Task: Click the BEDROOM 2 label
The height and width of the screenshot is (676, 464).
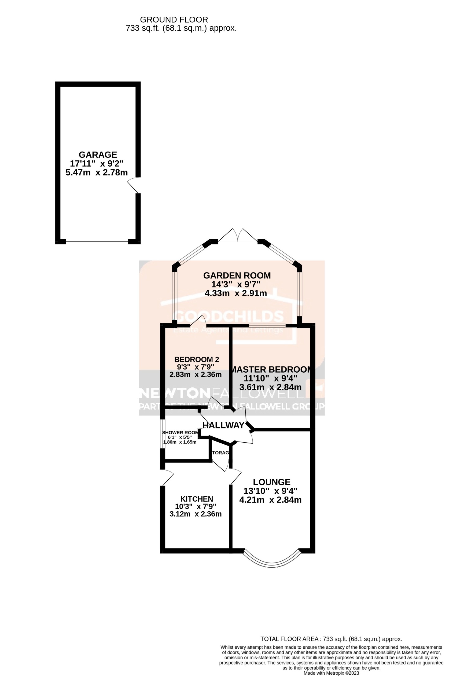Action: pyautogui.click(x=196, y=359)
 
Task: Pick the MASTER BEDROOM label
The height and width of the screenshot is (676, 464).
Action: pyautogui.click(x=271, y=369)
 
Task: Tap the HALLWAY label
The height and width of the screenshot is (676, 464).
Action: pyautogui.click(x=223, y=425)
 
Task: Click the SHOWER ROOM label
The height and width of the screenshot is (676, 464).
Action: pyautogui.click(x=180, y=432)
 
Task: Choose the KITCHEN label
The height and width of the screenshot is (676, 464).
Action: pyautogui.click(x=197, y=499)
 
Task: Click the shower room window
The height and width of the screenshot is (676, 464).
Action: pyautogui.click(x=163, y=434)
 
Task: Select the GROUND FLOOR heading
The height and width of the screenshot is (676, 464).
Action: pyautogui.click(x=174, y=20)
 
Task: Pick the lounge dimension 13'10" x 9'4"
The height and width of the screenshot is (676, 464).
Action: pyautogui.click(x=270, y=491)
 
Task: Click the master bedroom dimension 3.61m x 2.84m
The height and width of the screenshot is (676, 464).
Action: pyautogui.click(x=270, y=387)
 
